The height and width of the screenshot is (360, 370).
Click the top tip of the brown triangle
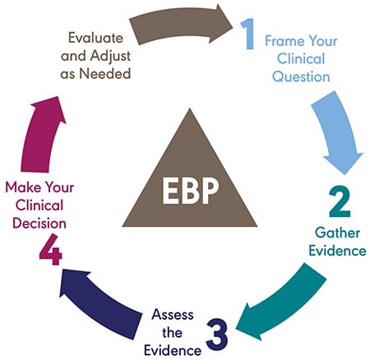pyautogui.click(x=184, y=132)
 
